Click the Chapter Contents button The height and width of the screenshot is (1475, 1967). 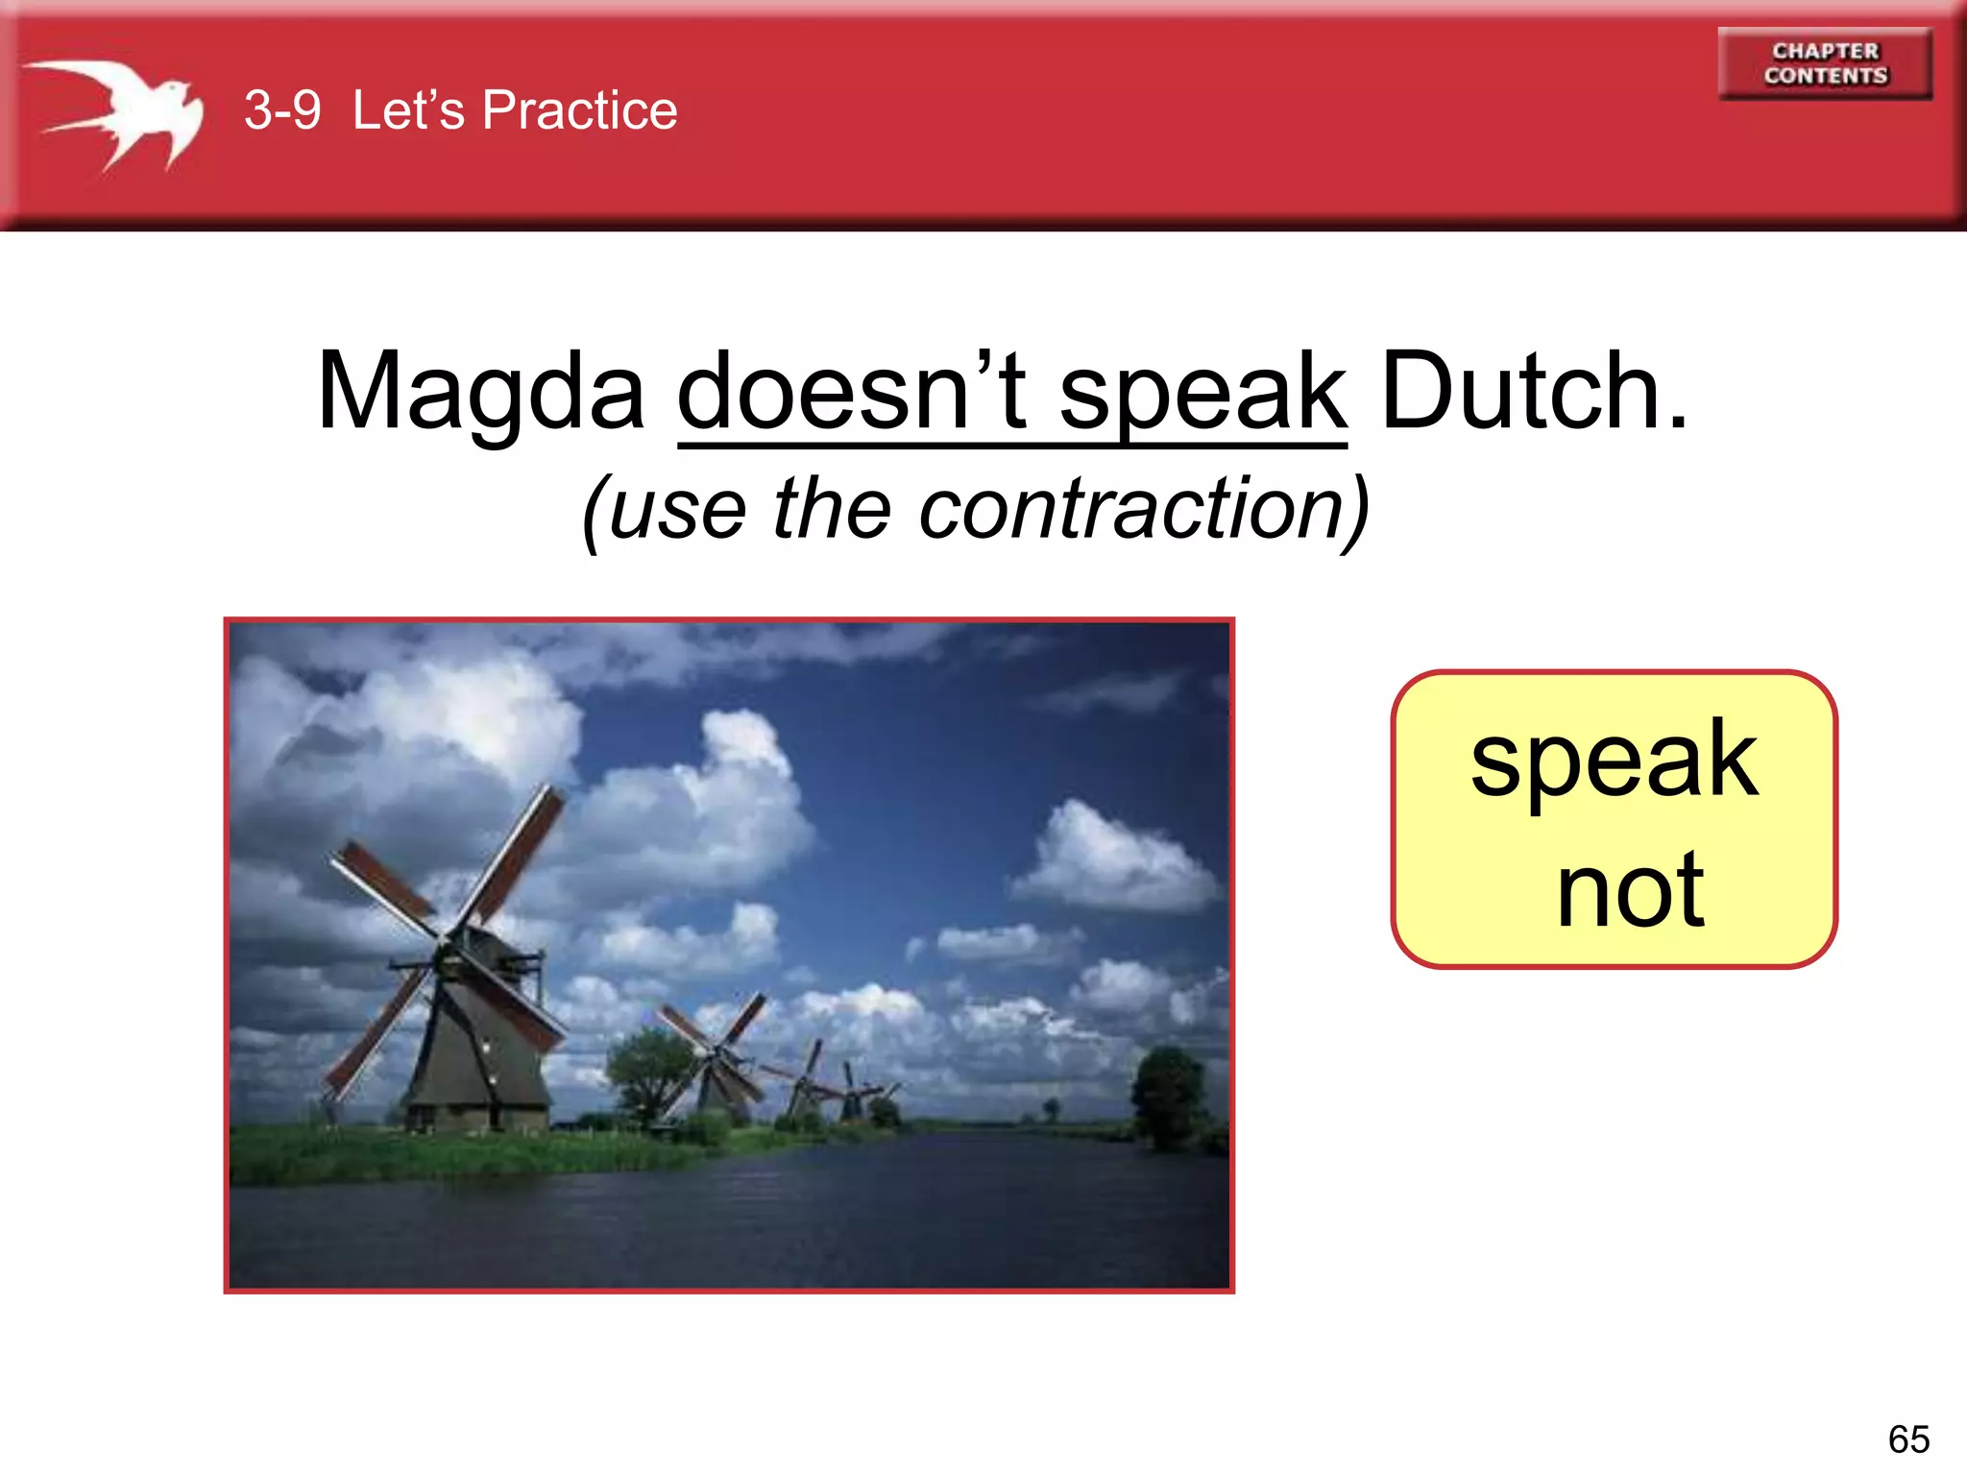coord(1824,63)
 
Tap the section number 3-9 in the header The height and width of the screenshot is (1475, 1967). coord(281,110)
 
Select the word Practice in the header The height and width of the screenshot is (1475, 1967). coord(579,110)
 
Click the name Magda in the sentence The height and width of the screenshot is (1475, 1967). coord(480,392)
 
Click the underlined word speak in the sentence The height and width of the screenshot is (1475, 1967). coord(1202,392)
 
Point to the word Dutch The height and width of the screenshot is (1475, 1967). coord(1533,392)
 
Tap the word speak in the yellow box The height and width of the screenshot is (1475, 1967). coord(1614,761)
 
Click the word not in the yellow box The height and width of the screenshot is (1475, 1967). coord(1630,891)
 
